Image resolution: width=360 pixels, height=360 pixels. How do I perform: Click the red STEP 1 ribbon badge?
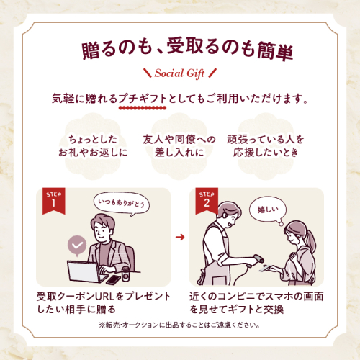(x=54, y=201)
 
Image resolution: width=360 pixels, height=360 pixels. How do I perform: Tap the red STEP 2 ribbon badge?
(x=207, y=201)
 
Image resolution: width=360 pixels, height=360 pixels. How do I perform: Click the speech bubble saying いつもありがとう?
(x=122, y=204)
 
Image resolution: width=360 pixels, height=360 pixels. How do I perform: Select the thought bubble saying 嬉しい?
(x=268, y=211)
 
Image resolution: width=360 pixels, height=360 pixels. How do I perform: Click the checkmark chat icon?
(x=77, y=246)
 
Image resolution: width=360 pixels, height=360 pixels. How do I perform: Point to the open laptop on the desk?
(x=87, y=271)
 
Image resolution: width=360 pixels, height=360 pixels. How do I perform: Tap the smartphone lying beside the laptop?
(x=113, y=280)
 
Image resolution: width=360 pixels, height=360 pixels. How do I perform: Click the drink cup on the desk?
(x=126, y=274)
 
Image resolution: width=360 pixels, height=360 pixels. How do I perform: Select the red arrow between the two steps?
(x=180, y=238)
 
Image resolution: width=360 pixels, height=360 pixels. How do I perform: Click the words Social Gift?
(x=179, y=73)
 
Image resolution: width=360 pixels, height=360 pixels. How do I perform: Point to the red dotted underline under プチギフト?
(x=143, y=108)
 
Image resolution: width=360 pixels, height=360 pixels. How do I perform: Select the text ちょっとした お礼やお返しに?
(x=93, y=145)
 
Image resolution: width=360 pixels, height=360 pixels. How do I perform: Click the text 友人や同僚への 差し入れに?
(x=179, y=145)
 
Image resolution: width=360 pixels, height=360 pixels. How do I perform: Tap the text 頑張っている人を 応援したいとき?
(x=266, y=145)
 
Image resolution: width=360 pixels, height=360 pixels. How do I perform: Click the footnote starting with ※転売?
(x=179, y=325)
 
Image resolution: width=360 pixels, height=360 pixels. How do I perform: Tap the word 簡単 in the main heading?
(x=275, y=51)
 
